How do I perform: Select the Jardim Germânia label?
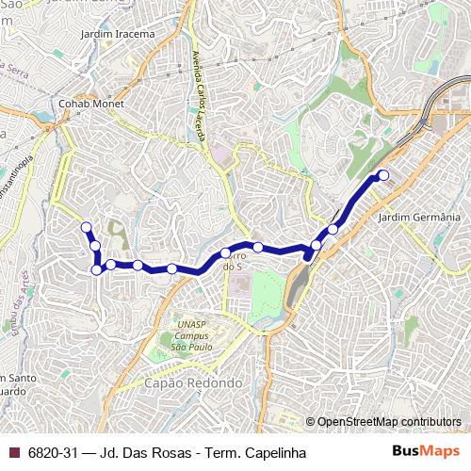tap(418, 218)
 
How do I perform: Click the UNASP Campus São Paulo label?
tap(192, 334)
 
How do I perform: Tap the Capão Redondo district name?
tap(193, 384)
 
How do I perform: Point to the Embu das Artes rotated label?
tap(22, 302)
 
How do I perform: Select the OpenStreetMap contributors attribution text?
tap(388, 422)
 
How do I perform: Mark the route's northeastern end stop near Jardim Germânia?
tap(383, 175)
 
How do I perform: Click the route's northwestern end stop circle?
tap(86, 227)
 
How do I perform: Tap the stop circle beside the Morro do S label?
tap(226, 252)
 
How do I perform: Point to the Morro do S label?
tap(233, 261)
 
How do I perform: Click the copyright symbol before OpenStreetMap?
tap(310, 422)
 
